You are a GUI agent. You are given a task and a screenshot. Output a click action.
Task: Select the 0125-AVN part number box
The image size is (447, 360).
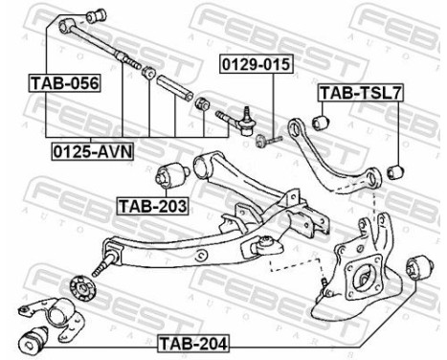tap(92, 150)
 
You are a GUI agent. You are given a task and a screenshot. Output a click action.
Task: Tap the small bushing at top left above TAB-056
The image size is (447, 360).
tap(95, 16)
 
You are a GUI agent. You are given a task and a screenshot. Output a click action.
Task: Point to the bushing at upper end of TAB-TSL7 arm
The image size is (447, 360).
tap(322, 122)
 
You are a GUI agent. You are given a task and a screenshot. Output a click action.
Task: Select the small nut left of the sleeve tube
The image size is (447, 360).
tap(148, 75)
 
